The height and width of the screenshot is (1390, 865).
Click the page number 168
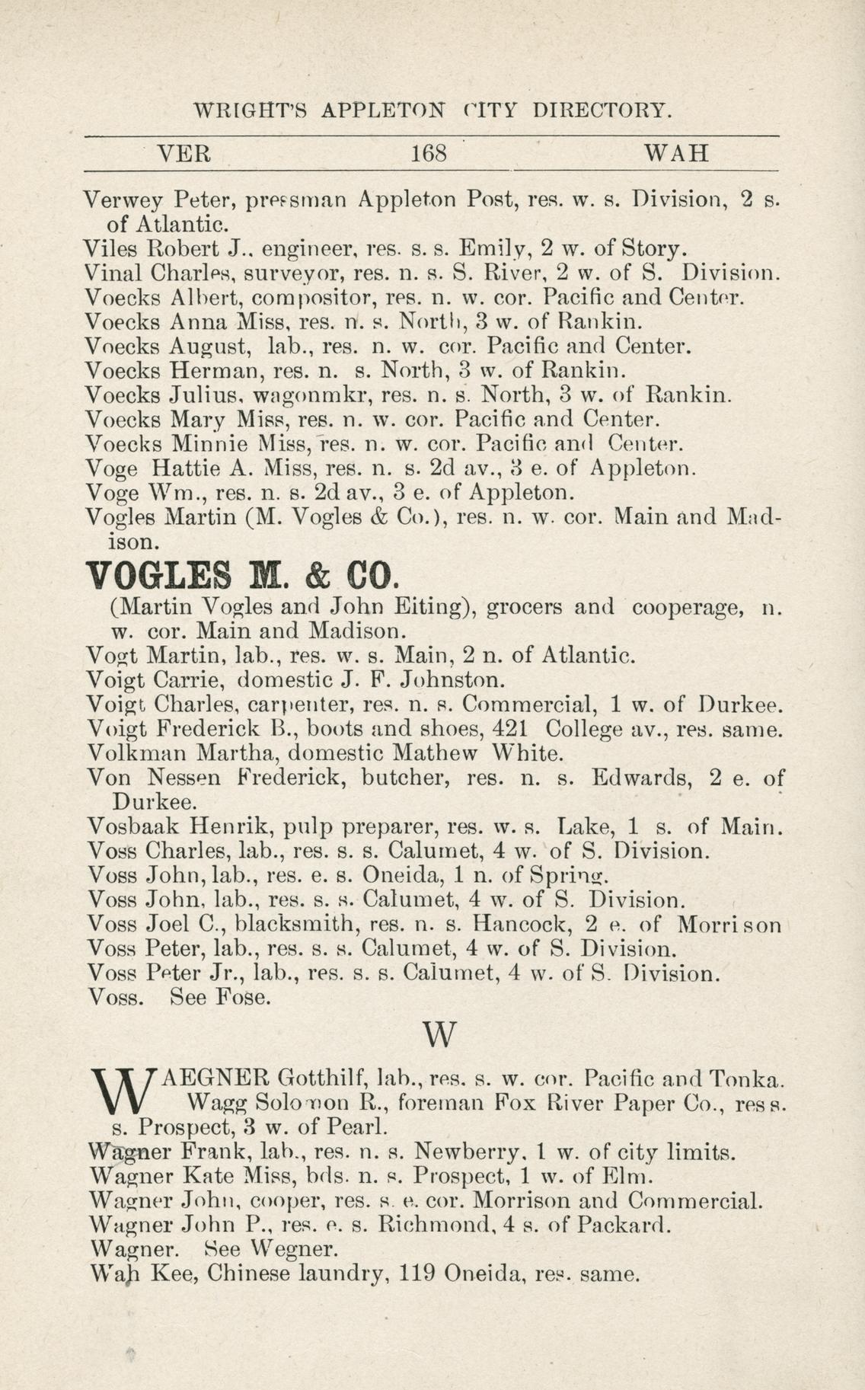point(428,155)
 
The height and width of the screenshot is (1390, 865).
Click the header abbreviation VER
point(183,155)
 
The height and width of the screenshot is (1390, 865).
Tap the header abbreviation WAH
point(677,155)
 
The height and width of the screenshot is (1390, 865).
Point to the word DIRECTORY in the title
point(602,110)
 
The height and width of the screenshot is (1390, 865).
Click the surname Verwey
point(123,202)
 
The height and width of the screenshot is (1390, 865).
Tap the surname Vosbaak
point(132,826)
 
